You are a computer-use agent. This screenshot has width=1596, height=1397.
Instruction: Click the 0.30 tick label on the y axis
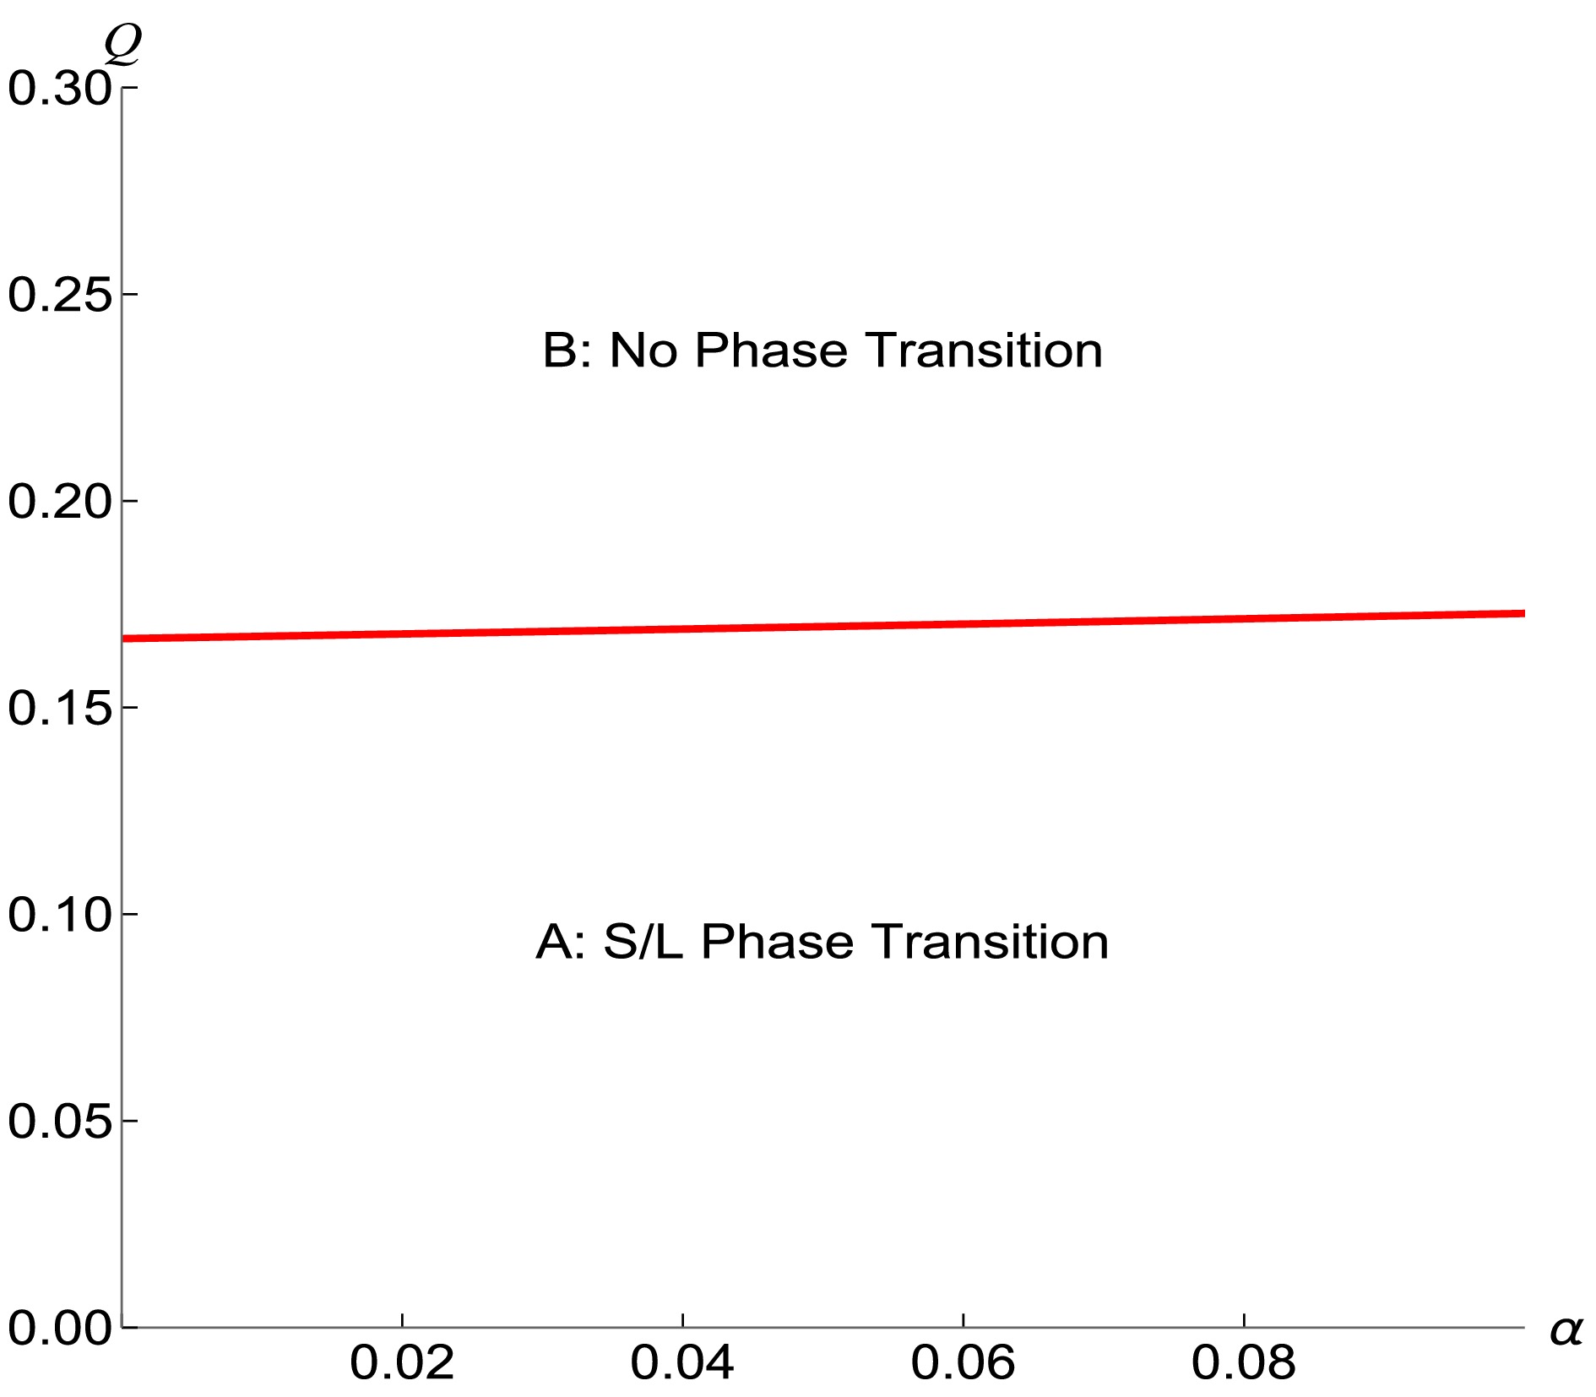pos(59,88)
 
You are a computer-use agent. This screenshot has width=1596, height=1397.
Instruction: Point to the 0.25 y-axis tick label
pos(59,295)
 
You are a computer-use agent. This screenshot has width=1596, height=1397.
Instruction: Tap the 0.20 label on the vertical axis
pos(59,501)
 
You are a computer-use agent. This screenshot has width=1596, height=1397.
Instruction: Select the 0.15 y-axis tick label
pos(59,707)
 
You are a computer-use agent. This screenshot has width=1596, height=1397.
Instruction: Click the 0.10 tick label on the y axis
pos(59,914)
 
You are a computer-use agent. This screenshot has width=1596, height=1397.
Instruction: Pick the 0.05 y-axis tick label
pos(59,1121)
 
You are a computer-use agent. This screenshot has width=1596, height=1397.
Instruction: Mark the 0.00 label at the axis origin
pos(59,1328)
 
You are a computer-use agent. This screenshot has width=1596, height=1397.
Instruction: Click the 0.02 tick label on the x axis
pos(402,1362)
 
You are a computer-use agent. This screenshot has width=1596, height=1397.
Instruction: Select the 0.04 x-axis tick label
pos(682,1362)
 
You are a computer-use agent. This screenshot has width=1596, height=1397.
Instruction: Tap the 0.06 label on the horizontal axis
pos(963,1362)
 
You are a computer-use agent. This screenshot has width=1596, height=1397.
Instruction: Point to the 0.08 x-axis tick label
pos(1243,1362)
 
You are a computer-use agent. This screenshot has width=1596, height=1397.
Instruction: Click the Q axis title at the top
pos(122,44)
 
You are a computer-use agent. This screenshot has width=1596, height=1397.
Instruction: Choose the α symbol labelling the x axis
pos(1566,1330)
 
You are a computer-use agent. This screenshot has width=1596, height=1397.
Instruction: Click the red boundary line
pos(823,626)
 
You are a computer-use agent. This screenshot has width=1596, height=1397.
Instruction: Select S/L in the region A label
pos(643,942)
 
